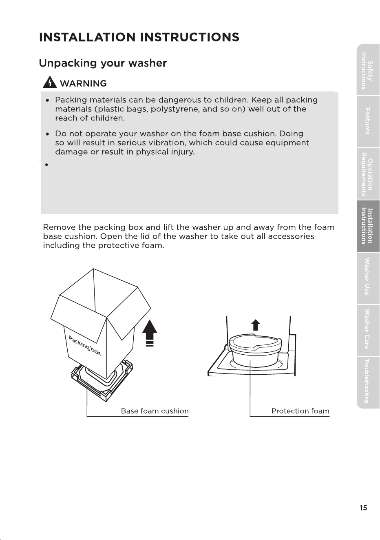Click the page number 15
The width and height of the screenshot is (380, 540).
[x=363, y=508]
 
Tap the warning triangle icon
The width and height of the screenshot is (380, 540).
[x=50, y=82]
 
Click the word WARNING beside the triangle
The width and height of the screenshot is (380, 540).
[x=83, y=83]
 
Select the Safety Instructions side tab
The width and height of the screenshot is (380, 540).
[x=368, y=70]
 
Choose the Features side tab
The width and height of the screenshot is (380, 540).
[x=368, y=122]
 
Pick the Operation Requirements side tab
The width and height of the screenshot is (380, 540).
[x=368, y=174]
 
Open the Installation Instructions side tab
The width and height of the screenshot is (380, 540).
[x=368, y=226]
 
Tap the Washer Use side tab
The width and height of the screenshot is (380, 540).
[x=368, y=278]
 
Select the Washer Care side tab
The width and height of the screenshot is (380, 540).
[x=368, y=331]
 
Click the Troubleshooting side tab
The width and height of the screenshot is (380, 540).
[x=368, y=382]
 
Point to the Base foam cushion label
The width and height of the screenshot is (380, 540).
[x=155, y=411]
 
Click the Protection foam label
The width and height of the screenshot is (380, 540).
[x=300, y=411]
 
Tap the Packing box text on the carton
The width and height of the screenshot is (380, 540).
[x=85, y=346]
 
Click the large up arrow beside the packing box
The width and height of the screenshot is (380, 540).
[x=150, y=333]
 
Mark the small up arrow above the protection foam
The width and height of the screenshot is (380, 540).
[x=256, y=325]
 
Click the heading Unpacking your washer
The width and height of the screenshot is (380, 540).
[x=103, y=63]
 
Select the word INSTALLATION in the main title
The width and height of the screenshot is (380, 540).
[x=87, y=37]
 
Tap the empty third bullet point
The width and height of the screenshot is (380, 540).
[x=47, y=165]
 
